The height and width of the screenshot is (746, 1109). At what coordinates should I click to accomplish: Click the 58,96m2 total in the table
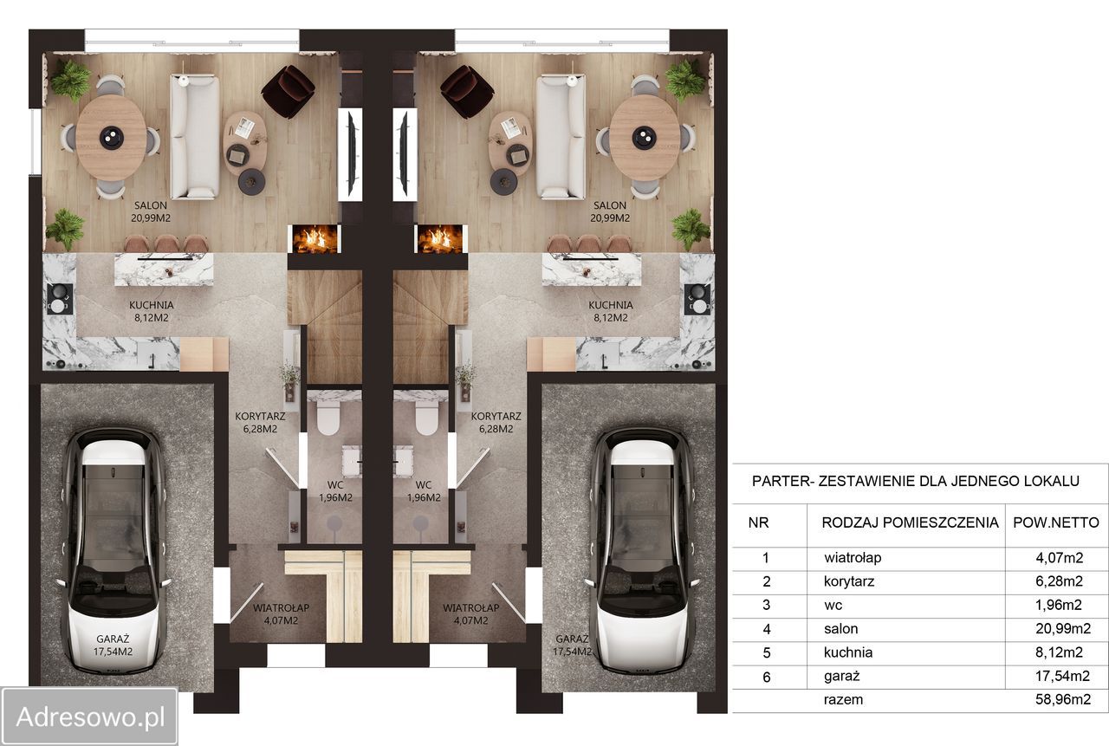coord(1063,699)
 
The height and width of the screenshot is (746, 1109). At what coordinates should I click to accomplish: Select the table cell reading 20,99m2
coord(1063,629)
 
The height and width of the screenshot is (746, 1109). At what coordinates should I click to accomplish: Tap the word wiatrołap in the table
coord(853,558)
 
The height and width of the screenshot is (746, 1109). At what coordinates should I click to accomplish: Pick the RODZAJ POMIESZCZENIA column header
coord(910,522)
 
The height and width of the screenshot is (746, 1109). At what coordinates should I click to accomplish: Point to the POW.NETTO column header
coord(1056,522)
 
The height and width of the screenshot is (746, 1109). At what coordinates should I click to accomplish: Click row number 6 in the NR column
coord(767,677)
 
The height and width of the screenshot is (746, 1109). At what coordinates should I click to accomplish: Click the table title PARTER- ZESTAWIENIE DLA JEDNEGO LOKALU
coord(916,481)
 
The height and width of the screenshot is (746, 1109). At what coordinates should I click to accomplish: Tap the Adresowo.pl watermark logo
coord(89,717)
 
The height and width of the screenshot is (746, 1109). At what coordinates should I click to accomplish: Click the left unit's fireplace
coord(315,240)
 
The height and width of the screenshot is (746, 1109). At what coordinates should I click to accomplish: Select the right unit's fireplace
coord(441,240)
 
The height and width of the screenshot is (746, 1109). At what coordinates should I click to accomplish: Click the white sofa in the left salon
coord(195,137)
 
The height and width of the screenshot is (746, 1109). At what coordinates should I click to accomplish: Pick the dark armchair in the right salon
coord(466,92)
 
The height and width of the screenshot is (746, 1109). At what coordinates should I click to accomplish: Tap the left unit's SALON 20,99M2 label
coord(151,211)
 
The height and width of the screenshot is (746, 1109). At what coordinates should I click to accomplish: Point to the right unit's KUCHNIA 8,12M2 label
coord(611,311)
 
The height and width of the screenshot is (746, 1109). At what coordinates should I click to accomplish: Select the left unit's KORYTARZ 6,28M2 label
coord(260,422)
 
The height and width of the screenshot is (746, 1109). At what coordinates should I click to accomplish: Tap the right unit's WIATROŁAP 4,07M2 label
coord(470,613)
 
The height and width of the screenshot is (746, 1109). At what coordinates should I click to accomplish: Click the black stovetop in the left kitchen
coord(60,299)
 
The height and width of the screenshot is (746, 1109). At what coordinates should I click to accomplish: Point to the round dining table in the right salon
coord(644,137)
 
